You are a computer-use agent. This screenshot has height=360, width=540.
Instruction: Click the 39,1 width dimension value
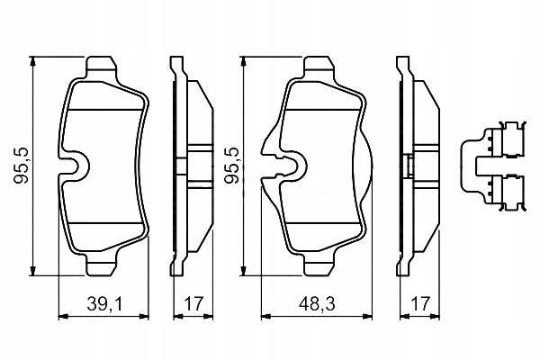[x=104, y=304]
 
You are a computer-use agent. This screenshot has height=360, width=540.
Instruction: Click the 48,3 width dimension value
[x=317, y=304]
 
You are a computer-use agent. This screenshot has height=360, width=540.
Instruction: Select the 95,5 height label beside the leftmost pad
[x=22, y=166]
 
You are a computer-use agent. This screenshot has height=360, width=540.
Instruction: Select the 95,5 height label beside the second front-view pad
[x=232, y=166]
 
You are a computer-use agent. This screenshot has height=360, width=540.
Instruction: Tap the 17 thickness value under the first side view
[x=193, y=304]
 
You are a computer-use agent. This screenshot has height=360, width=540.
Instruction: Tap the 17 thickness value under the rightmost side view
[x=420, y=304]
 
